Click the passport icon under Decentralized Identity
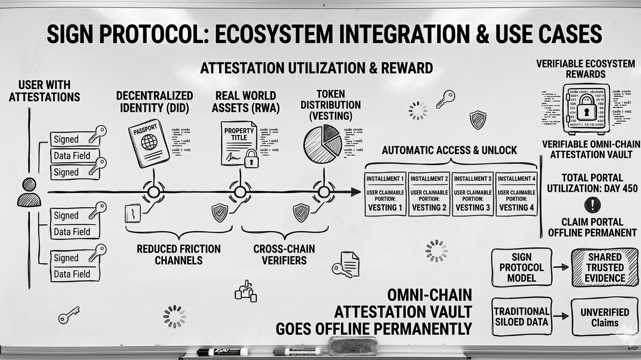(149, 143)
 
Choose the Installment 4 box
(516, 194)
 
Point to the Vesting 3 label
(472, 208)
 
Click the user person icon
(29, 192)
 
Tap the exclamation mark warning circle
(592, 205)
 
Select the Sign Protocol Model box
(521, 267)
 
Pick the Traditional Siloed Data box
(521, 316)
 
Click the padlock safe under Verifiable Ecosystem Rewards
(586, 109)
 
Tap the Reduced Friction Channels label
(178, 255)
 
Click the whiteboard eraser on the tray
(348, 345)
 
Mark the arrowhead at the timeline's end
(356, 192)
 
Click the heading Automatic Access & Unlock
(449, 150)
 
